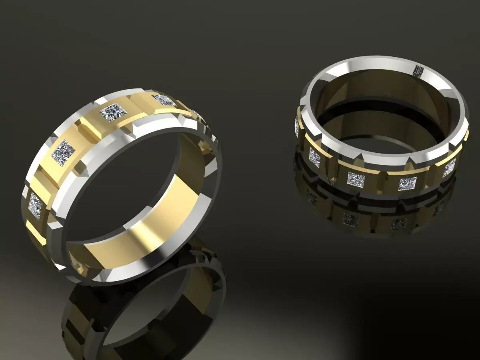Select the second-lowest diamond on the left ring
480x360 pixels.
coord(63,153)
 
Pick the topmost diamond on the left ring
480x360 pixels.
coord(164,100)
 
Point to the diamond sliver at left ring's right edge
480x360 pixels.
coord(195,114)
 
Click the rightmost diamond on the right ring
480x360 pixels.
coord(449,167)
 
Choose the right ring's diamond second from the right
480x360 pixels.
coord(407,184)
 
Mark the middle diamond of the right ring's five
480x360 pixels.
coord(355,179)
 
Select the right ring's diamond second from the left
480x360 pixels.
coord(314,157)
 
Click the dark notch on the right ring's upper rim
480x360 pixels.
coord(418,71)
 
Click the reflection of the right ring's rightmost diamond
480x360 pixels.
coord(439,207)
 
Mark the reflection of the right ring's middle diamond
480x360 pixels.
coord(350,218)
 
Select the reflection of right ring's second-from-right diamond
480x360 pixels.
coord(398,223)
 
